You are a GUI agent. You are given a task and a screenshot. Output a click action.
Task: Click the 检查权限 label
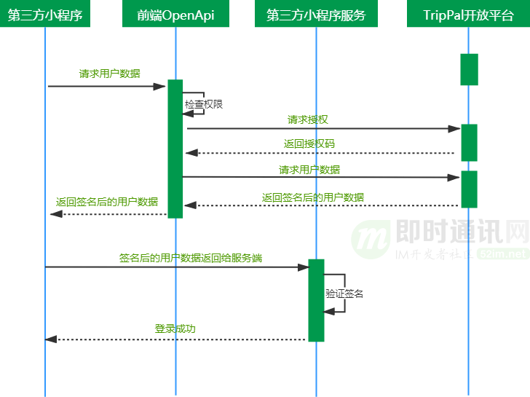pyautogui.click(x=203, y=104)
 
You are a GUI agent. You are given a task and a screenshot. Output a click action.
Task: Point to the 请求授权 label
pyautogui.click(x=302, y=119)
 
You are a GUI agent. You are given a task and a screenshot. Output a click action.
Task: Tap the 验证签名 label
pyautogui.click(x=344, y=294)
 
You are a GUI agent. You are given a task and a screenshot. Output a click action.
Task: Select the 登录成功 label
pyautogui.click(x=175, y=329)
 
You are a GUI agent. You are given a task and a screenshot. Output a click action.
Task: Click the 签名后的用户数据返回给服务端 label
pyautogui.click(x=191, y=257)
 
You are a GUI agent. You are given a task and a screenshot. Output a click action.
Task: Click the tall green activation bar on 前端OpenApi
pyautogui.click(x=175, y=149)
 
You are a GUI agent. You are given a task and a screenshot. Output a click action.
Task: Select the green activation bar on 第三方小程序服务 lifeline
pyautogui.click(x=316, y=299)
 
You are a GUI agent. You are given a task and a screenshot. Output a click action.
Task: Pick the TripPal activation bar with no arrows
pyautogui.click(x=469, y=69)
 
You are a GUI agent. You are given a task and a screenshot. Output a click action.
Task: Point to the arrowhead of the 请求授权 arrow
pyautogui.click(x=456, y=129)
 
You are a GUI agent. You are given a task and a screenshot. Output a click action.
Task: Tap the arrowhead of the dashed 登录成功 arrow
pyautogui.click(x=50, y=339)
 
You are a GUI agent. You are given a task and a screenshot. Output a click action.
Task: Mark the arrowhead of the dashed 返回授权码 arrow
pyautogui.click(x=189, y=153)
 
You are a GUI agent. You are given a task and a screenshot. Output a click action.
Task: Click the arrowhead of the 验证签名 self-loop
pyautogui.click(x=328, y=311)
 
